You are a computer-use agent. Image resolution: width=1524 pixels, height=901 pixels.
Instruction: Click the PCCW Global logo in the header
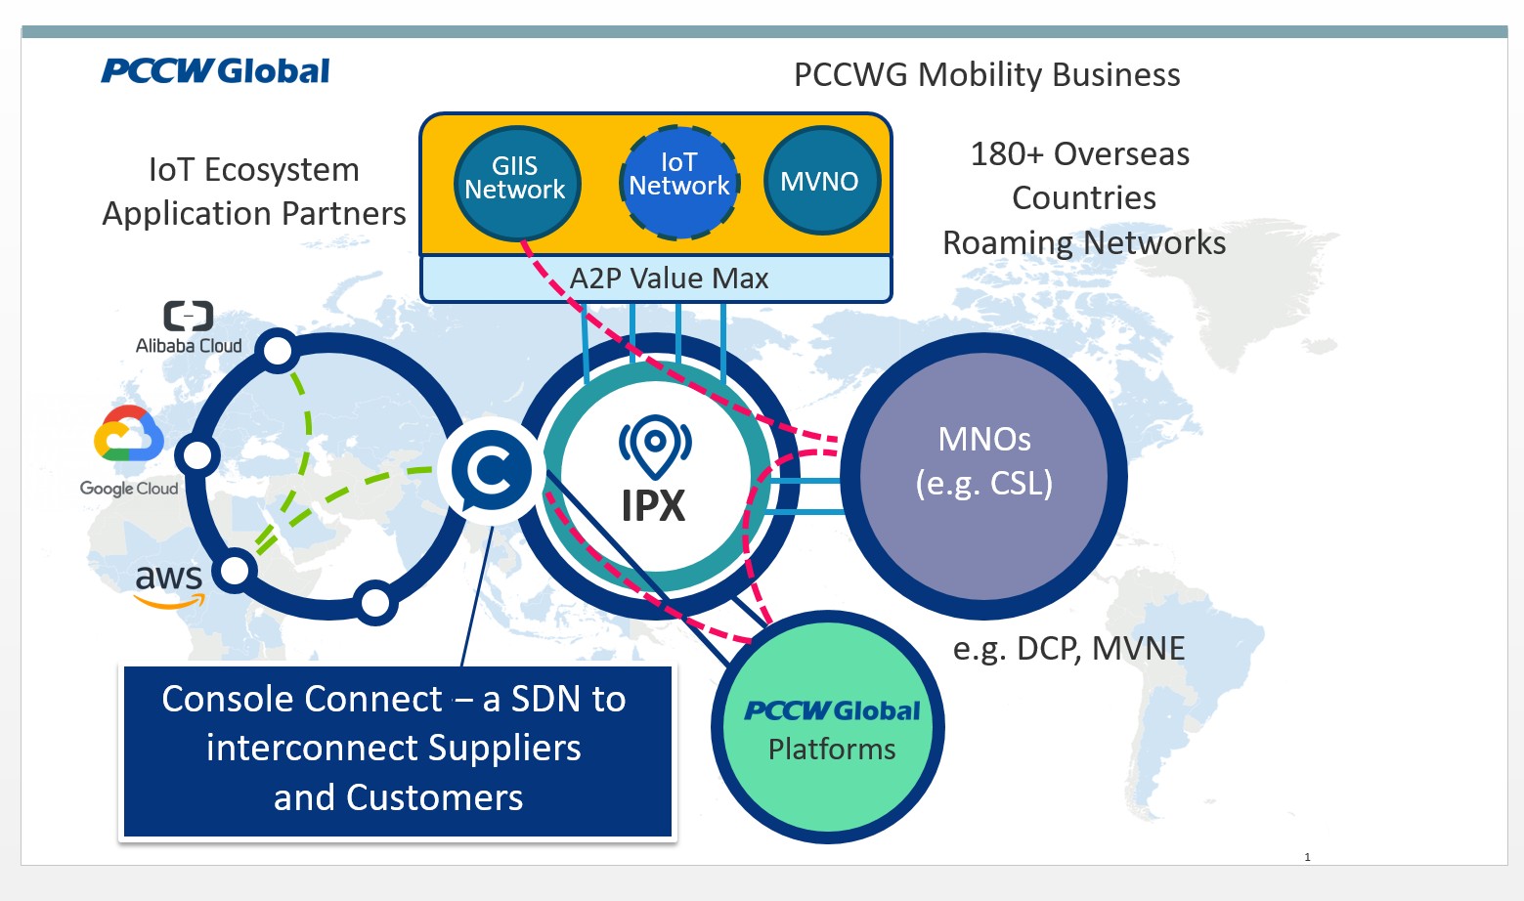click(215, 70)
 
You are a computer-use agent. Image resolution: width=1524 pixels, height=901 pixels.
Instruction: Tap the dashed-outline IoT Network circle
click(679, 182)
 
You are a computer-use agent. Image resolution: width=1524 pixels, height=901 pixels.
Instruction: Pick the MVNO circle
click(822, 181)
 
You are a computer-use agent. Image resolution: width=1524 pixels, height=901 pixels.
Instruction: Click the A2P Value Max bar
click(656, 279)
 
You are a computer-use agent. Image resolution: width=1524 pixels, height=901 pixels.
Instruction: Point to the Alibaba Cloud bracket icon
click(189, 316)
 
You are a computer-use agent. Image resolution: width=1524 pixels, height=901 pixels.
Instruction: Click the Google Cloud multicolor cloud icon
click(129, 433)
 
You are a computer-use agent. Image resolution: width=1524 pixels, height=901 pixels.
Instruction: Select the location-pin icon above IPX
click(655, 446)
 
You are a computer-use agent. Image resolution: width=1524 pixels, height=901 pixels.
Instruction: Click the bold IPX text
click(653, 506)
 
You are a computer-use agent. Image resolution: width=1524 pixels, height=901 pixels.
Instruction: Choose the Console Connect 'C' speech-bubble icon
click(491, 470)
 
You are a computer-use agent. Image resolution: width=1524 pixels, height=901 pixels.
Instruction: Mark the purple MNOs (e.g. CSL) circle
click(983, 476)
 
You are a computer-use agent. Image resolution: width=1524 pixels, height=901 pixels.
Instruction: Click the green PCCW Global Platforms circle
click(828, 727)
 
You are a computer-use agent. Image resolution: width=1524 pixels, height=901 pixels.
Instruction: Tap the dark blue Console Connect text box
click(397, 751)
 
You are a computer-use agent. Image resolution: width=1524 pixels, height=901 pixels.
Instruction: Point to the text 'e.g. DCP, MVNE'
click(1068, 648)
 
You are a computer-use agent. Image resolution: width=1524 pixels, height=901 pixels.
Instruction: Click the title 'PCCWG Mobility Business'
click(987, 74)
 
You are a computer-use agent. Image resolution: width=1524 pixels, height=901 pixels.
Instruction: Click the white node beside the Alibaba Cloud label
click(278, 351)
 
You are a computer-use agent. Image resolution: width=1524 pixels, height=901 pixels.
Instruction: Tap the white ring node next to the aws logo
click(235, 571)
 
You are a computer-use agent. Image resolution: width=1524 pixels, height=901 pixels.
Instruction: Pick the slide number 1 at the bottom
click(1307, 857)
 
